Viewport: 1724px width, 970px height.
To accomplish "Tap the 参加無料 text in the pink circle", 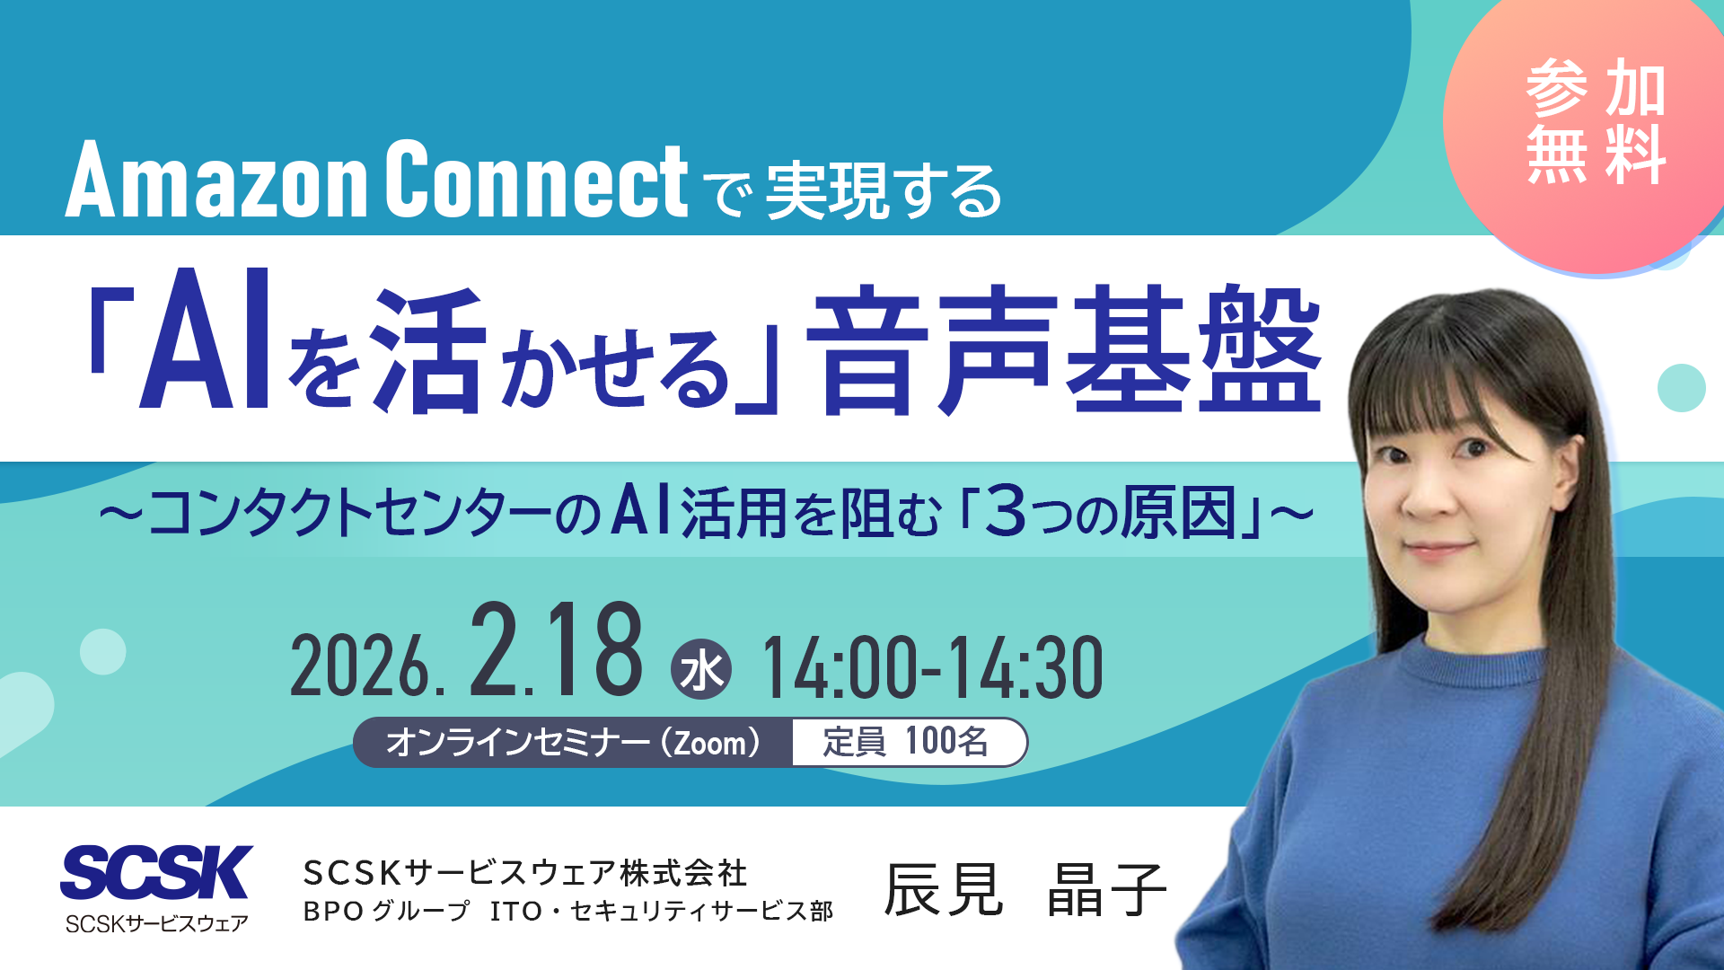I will [x=1596, y=122].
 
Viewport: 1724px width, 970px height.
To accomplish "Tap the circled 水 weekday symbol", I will [x=701, y=670].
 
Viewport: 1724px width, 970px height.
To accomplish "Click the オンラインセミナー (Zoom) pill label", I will [x=573, y=743].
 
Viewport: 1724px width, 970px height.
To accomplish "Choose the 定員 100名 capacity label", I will [x=907, y=743].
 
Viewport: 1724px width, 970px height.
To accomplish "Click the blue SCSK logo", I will [x=156, y=873].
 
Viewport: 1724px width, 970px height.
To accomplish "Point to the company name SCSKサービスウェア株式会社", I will [x=525, y=872].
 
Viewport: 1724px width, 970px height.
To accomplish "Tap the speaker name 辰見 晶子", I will [x=1025, y=889].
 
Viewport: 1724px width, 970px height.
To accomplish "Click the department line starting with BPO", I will [x=567, y=912].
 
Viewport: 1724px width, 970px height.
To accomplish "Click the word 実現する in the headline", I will [x=884, y=191].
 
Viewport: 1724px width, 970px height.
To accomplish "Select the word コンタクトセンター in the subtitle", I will [x=350, y=514].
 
